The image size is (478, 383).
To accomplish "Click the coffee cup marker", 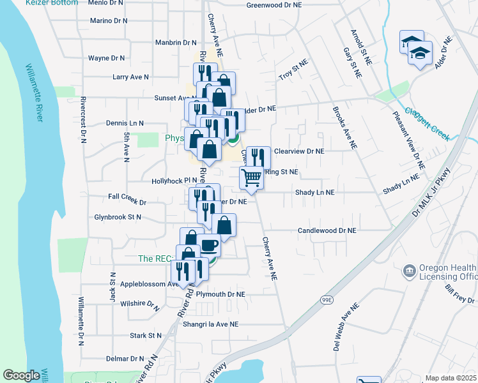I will pyautogui.click(x=209, y=244).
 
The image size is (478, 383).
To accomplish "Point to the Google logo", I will pyautogui.click(x=22, y=375).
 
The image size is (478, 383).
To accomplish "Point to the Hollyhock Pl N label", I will pyautogui.click(x=174, y=181).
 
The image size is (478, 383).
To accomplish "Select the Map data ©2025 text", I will pyautogui.click(x=451, y=378).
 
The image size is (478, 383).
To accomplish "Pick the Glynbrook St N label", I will pyautogui.click(x=116, y=217).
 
